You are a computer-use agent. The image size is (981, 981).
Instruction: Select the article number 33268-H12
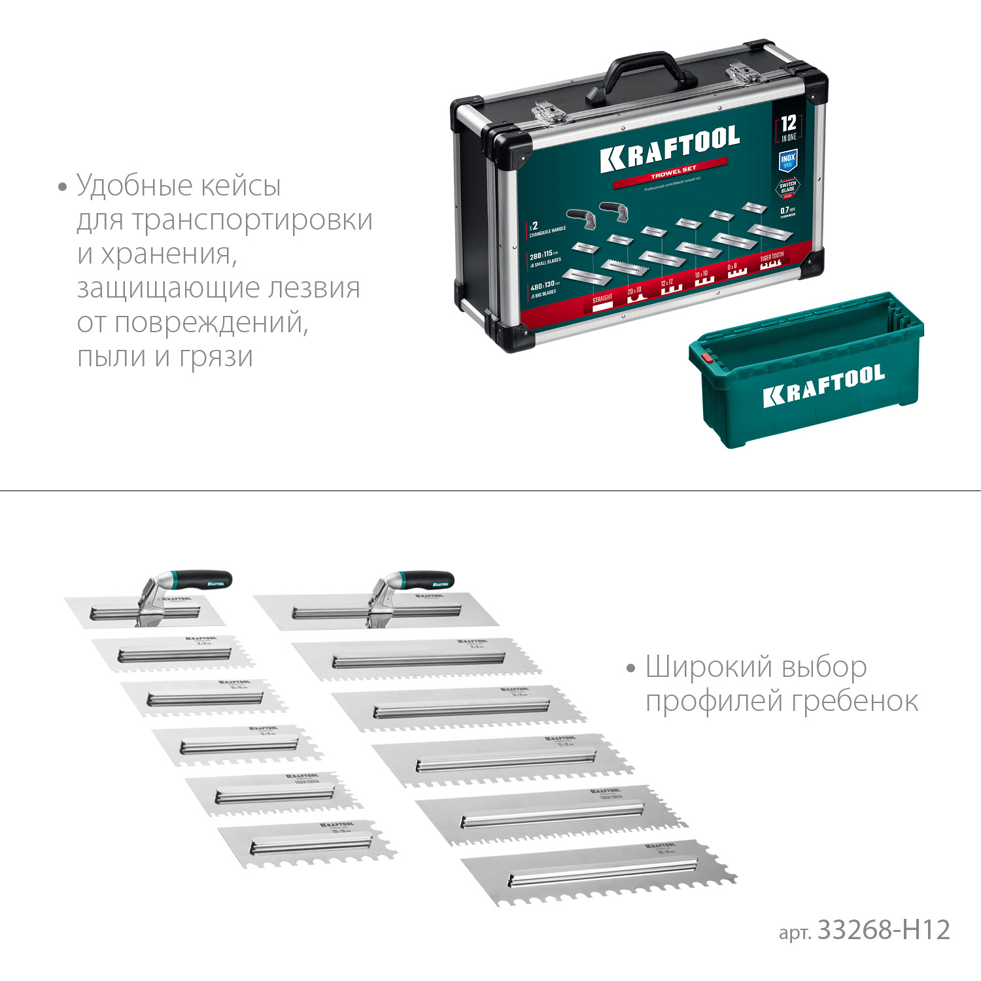point(884,929)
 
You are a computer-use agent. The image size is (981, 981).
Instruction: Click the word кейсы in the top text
point(240,186)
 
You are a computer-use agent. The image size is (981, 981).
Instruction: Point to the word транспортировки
point(252,220)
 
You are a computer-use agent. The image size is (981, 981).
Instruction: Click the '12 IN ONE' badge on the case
point(789,127)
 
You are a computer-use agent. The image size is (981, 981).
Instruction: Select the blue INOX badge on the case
point(788,160)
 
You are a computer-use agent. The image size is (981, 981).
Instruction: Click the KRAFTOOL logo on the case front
point(670,149)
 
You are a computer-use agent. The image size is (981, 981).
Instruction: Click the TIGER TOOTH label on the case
point(772,257)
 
